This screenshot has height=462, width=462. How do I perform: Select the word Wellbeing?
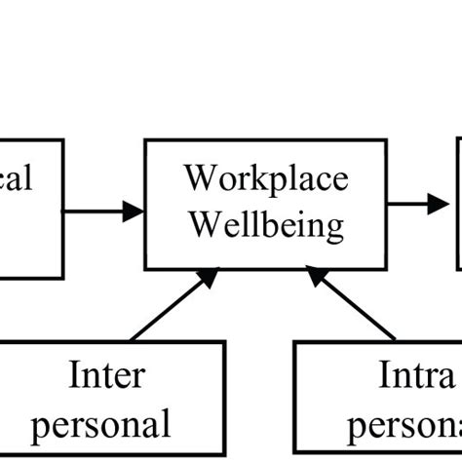[x=265, y=225]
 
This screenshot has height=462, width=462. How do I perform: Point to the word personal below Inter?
[x=110, y=424]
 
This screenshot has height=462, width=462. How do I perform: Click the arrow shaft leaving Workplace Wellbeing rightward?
[x=404, y=205]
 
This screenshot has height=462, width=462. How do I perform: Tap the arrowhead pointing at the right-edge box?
[x=438, y=205]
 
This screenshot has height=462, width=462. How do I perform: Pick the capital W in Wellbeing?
[x=203, y=225]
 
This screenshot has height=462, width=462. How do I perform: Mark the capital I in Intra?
[x=385, y=376]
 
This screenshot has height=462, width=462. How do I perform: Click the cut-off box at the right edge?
[x=457, y=205]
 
